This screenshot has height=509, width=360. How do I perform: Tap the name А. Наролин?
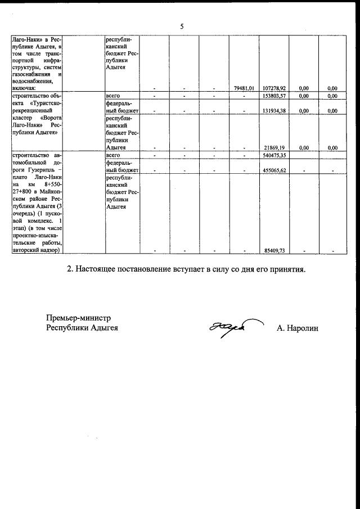[x=297, y=328]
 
